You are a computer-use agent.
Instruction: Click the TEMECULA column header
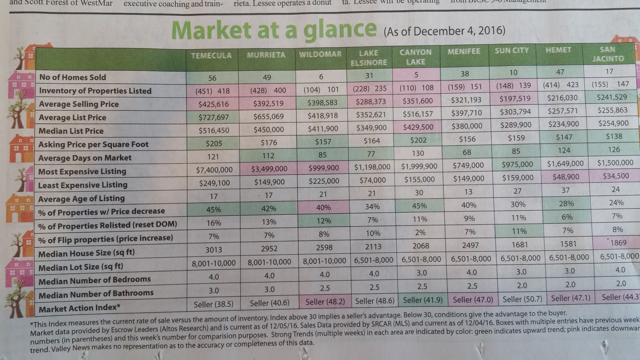211,56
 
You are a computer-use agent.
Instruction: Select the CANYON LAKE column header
415,57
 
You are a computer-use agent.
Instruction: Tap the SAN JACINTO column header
608,54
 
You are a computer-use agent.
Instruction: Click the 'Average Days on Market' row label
85,158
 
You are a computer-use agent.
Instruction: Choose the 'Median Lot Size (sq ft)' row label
81,267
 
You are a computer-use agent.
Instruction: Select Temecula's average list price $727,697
213,117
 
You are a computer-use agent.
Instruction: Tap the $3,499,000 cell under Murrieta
269,169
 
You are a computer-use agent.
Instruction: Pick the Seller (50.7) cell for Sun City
522,299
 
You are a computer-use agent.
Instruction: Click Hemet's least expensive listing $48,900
565,177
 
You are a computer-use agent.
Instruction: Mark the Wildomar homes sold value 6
321,76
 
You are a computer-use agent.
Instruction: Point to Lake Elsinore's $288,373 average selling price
371,102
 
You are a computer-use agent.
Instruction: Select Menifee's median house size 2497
470,245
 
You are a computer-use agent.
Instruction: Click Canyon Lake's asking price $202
418,140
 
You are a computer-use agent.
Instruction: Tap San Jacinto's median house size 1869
618,243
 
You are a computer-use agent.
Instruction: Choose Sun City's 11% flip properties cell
519,231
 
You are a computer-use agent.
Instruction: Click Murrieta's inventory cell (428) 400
268,91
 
